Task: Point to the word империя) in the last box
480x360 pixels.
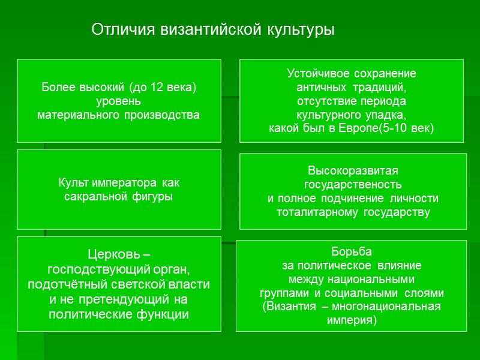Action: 352,320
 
